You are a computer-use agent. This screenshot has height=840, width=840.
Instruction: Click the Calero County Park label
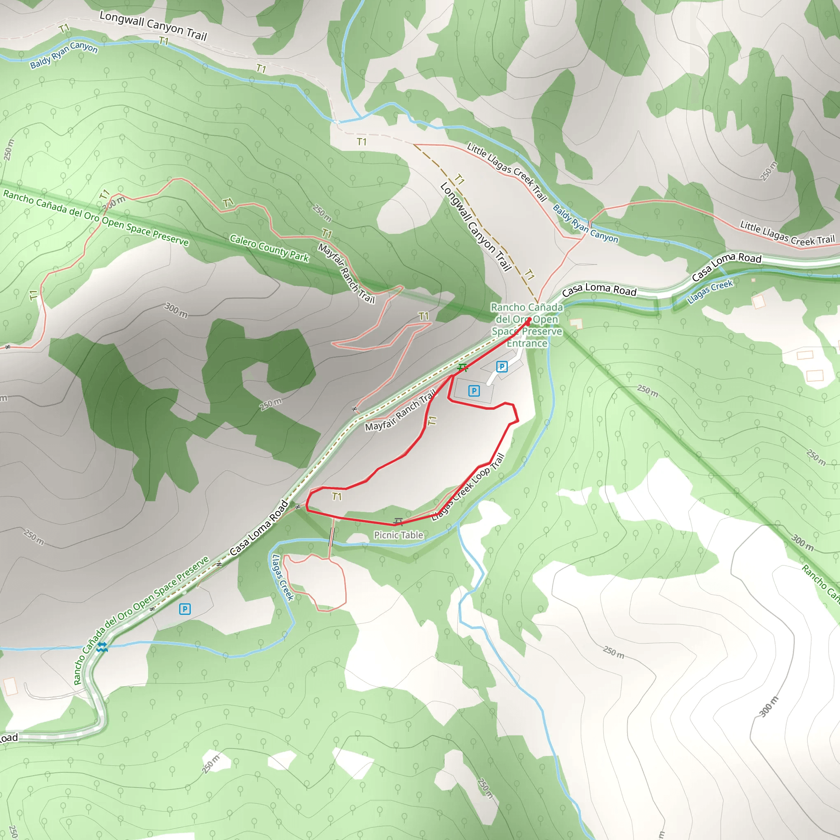click(269, 248)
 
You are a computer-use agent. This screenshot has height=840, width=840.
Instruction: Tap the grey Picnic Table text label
click(398, 535)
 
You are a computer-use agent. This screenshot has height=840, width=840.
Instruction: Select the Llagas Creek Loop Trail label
click(468, 487)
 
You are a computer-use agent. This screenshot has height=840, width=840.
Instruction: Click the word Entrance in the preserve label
click(527, 343)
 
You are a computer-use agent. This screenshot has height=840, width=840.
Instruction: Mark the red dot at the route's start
click(529, 321)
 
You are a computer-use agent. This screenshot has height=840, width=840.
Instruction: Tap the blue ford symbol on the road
click(102, 647)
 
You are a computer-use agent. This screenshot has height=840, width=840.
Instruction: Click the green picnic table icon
click(463, 368)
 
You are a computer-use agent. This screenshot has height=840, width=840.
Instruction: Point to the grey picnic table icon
click(398, 521)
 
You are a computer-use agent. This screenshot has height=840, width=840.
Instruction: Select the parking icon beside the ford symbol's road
click(185, 609)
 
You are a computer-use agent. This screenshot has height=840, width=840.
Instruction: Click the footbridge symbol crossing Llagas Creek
click(332, 538)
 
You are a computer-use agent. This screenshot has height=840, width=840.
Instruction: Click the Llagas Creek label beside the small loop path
click(283, 577)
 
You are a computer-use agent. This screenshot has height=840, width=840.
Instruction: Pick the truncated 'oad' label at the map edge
click(9, 738)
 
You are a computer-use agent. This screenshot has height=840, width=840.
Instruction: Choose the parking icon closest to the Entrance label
click(502, 367)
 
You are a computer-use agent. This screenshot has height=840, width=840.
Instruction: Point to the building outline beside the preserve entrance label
click(576, 324)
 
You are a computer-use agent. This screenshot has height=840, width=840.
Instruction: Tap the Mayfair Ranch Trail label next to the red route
click(400, 411)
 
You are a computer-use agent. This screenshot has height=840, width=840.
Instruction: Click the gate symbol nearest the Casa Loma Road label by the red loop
click(298, 507)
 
